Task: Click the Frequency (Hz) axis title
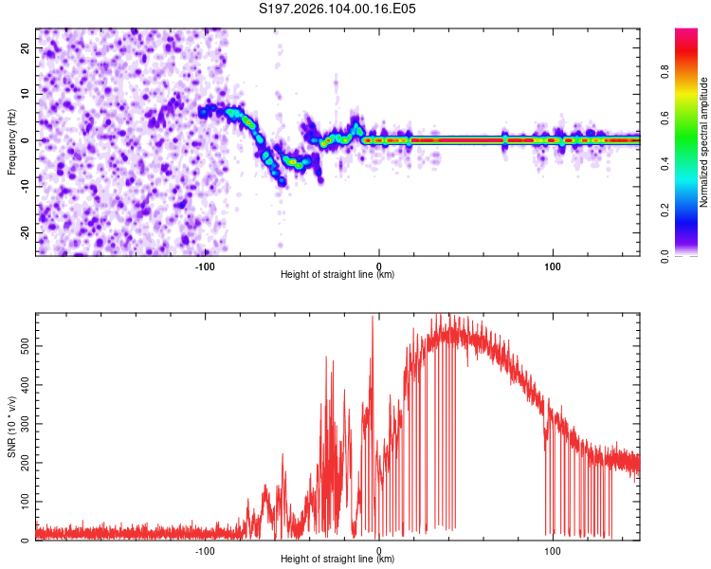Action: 11,142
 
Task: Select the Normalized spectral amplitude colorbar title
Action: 704,143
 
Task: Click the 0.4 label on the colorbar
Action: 682,165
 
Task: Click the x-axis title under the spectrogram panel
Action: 337,275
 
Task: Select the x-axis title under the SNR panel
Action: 337,560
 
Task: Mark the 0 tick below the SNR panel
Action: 379,550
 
